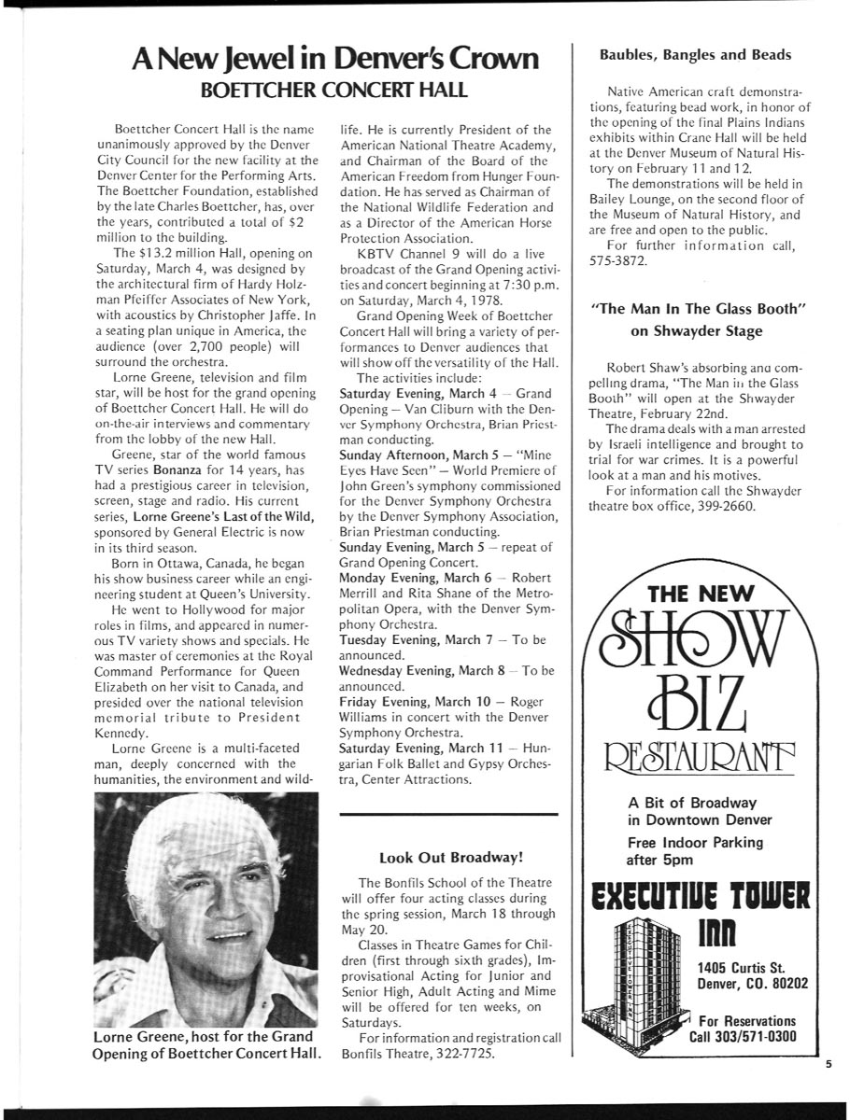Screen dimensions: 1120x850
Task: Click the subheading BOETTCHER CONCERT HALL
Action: point(338,91)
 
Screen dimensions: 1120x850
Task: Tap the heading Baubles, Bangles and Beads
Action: point(695,55)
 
